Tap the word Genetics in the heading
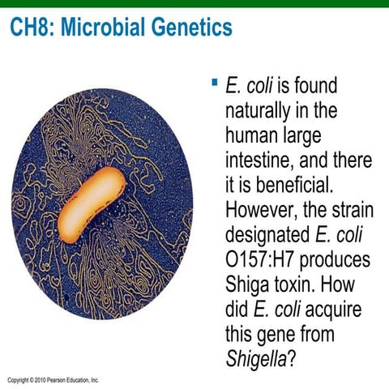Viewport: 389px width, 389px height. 192,28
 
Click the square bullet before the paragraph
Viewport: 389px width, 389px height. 214,83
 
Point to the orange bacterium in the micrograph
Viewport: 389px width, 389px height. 91,204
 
